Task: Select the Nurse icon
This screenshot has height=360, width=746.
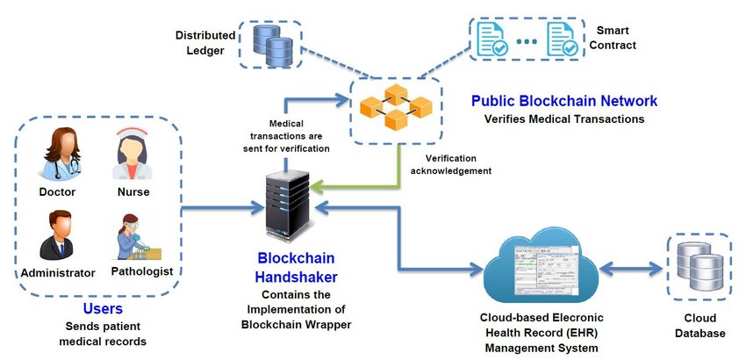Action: tap(132, 154)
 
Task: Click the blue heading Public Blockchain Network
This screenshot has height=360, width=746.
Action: tap(564, 101)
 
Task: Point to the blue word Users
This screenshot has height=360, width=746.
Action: tap(103, 309)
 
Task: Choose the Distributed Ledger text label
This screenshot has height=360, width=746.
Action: tap(205, 43)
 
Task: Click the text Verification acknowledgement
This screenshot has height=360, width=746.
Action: tap(452, 164)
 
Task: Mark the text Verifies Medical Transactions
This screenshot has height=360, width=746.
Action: tap(564, 119)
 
